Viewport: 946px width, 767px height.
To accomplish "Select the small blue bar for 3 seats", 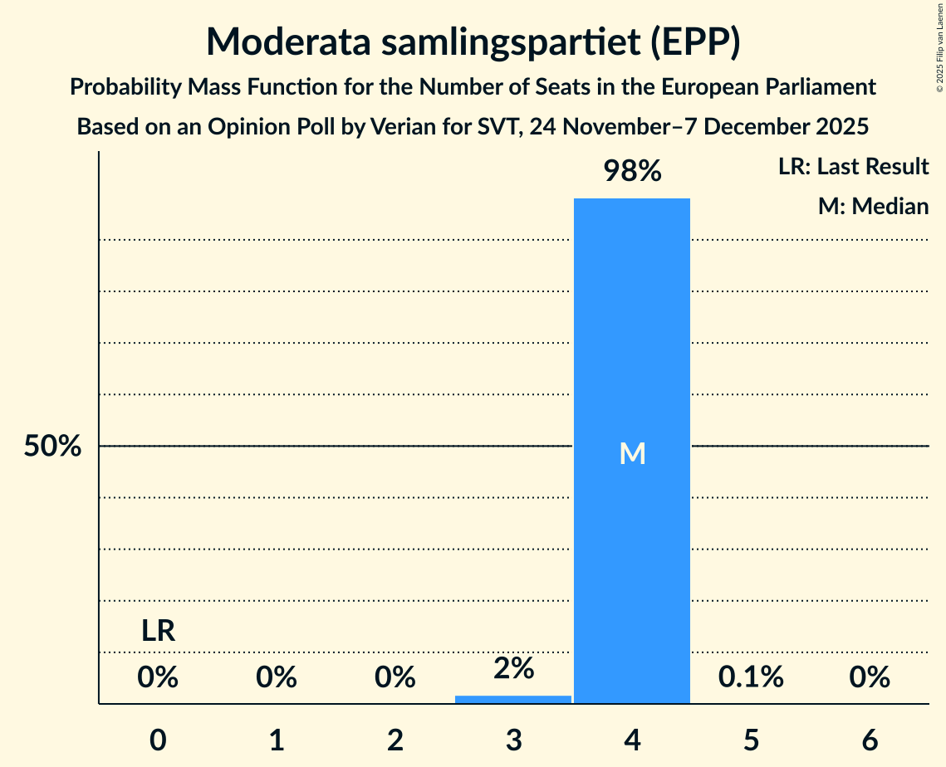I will (x=513, y=699).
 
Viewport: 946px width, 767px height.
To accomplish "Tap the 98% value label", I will (x=632, y=172).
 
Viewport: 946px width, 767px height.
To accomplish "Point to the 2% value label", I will (x=513, y=668).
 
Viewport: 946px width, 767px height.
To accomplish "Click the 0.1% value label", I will (x=751, y=677).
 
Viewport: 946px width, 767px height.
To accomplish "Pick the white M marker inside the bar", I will (x=632, y=453).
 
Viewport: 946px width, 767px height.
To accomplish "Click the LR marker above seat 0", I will (x=158, y=632).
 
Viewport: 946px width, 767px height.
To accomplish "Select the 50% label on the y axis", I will (x=52, y=447).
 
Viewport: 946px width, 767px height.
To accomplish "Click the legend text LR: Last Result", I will (x=853, y=167).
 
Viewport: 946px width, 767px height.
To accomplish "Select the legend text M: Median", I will (x=873, y=206).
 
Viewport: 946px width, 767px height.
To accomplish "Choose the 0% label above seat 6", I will (x=870, y=677).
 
